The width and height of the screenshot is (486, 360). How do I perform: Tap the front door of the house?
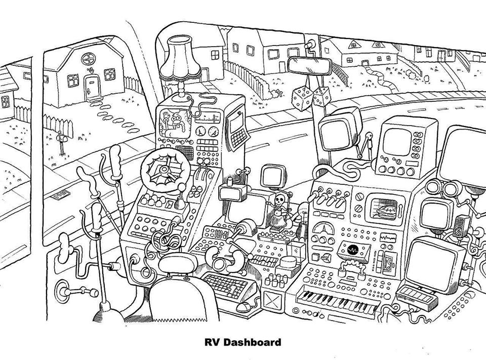point(93,87)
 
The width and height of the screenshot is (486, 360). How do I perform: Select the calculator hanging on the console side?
point(238,130)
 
